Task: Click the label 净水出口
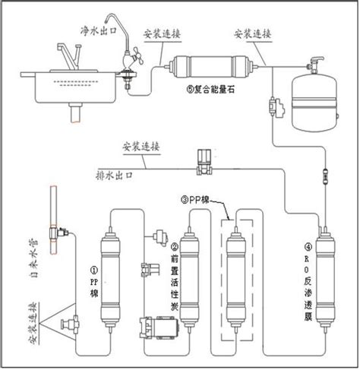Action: coord(99,31)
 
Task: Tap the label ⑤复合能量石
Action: coord(210,89)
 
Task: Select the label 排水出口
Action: coord(114,176)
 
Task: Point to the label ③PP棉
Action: coord(195,200)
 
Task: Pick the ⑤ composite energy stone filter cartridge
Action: coord(210,67)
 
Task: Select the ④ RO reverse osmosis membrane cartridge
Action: coord(326,280)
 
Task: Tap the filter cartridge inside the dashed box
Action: coord(236,280)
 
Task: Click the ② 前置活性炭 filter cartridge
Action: coord(189,280)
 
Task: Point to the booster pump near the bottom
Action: coord(159,327)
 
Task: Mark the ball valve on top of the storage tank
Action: coord(315,65)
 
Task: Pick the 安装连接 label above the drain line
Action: coord(141,147)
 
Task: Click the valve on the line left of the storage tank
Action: coord(276,106)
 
